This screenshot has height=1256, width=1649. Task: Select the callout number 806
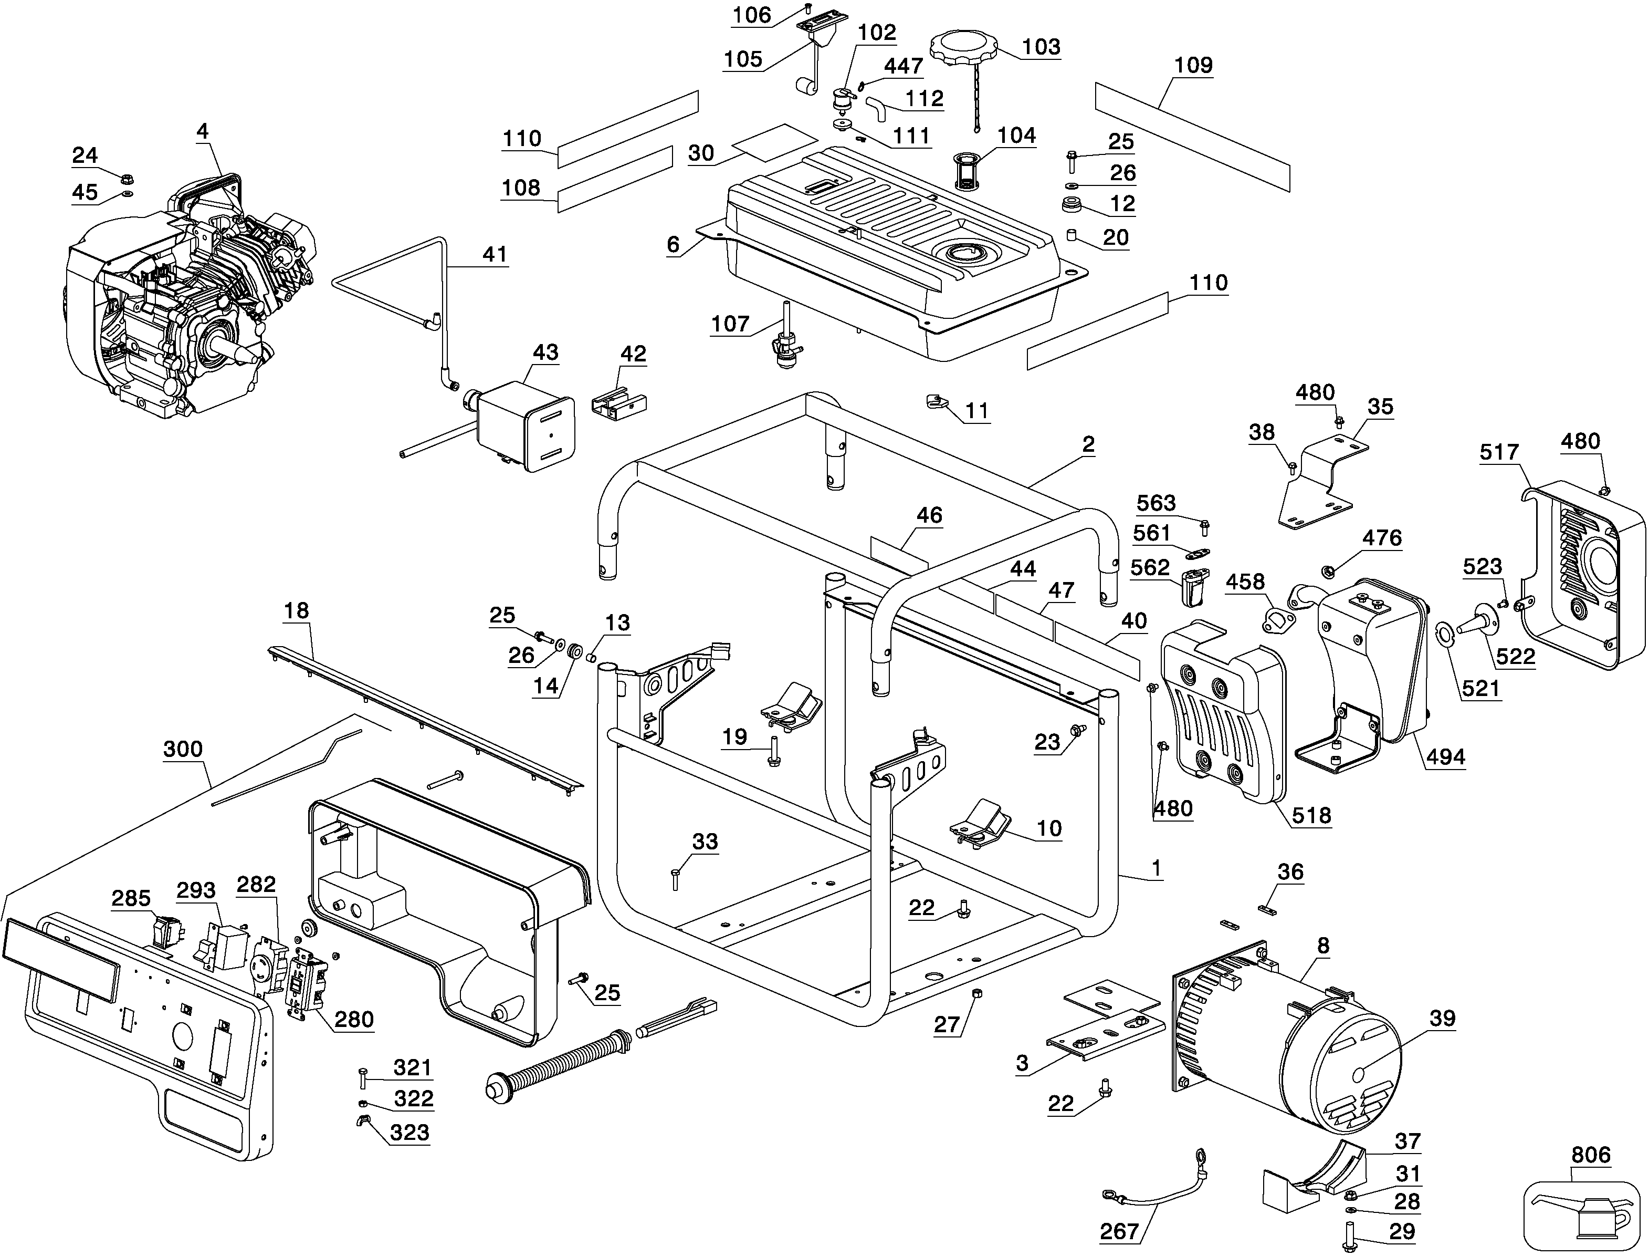[1591, 1155]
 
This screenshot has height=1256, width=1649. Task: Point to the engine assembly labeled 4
[187, 299]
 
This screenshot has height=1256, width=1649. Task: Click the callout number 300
[183, 749]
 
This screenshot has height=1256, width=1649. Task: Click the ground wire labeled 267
[1154, 1196]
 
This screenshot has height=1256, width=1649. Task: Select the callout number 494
[1446, 757]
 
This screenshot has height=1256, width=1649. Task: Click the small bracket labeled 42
[618, 403]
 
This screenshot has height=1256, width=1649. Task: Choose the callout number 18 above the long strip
[296, 611]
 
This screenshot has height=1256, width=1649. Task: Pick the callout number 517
[1499, 452]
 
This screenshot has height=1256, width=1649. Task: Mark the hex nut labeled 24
[127, 180]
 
